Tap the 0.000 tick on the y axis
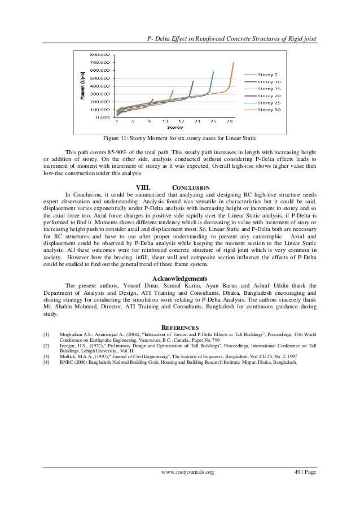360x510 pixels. pyautogui.click(x=102, y=117)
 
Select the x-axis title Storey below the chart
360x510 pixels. pyautogui.click(x=174, y=127)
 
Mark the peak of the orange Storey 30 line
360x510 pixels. pyautogui.click(x=233, y=63)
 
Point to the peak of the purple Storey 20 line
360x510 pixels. pyautogui.click(x=193, y=81)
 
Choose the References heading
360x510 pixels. pyautogui.click(x=179, y=327)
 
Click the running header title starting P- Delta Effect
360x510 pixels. pyautogui.click(x=231, y=38)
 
